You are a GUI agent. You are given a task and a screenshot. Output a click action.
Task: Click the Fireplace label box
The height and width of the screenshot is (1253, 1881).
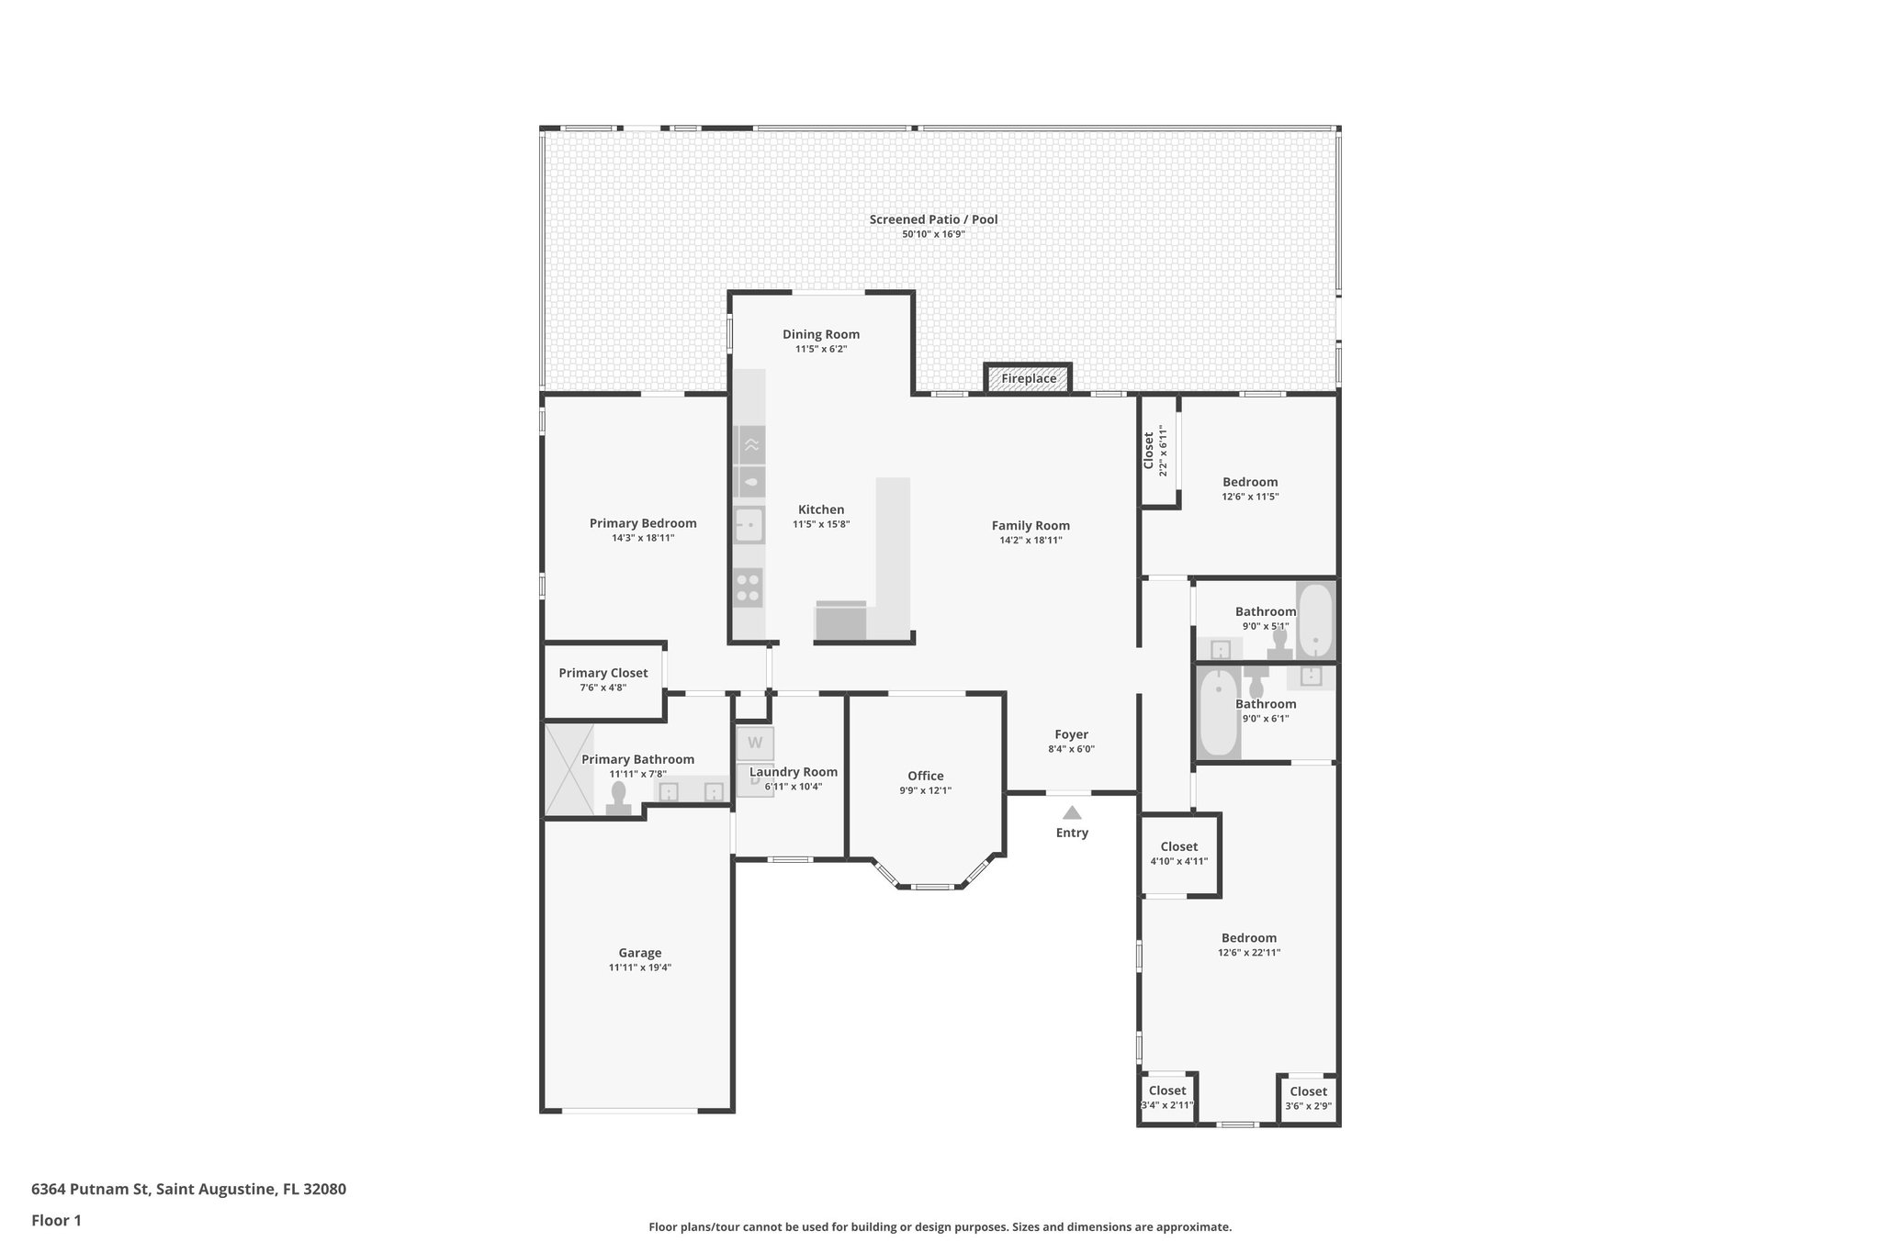[x=1028, y=378]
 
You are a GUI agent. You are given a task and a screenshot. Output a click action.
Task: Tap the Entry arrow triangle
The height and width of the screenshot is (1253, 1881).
[x=1072, y=812]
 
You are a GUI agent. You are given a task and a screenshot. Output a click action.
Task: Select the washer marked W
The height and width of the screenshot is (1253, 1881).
[x=755, y=743]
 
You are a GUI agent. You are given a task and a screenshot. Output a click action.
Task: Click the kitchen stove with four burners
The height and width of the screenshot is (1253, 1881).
[x=749, y=587]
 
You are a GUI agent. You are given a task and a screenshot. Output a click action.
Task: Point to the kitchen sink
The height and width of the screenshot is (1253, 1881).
[x=749, y=525]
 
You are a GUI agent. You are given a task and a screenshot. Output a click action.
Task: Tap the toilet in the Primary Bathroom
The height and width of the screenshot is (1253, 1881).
[x=618, y=798]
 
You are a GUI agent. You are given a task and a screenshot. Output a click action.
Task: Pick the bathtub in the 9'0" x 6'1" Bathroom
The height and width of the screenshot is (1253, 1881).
[x=1218, y=712]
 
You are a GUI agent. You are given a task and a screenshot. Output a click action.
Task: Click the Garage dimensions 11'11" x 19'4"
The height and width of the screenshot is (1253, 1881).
[x=640, y=968]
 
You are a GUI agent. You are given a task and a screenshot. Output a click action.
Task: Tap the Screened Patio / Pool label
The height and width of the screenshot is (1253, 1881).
[x=933, y=219]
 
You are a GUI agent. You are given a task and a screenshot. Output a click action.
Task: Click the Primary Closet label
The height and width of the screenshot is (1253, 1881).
[x=603, y=673]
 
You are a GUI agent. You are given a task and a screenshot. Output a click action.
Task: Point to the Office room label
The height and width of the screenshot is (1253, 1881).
[x=926, y=776]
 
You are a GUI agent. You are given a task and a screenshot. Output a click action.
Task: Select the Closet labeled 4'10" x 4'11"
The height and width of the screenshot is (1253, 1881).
[x=1179, y=853]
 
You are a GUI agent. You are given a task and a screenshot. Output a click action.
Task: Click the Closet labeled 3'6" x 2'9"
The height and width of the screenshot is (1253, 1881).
[x=1309, y=1098]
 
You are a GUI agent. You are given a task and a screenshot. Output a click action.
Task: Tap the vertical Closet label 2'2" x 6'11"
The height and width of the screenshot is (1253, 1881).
[x=1155, y=450]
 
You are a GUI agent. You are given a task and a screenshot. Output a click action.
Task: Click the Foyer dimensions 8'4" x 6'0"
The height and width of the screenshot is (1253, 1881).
[x=1071, y=749]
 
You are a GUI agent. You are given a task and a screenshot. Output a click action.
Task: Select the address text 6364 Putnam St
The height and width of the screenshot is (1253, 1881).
[x=188, y=1189]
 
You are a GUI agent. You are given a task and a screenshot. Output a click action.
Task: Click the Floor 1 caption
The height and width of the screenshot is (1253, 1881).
[x=56, y=1220]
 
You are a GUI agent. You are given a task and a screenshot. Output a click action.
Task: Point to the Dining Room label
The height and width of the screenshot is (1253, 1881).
[x=821, y=334]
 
